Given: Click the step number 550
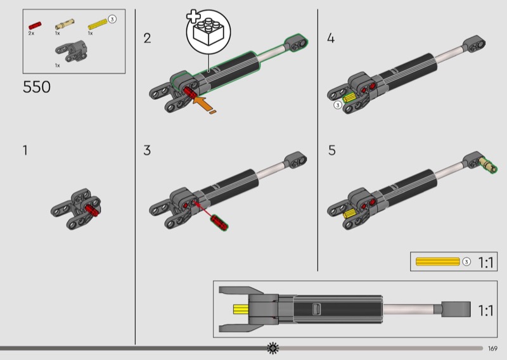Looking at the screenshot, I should tap(37, 87).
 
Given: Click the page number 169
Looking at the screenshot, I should tap(493, 348).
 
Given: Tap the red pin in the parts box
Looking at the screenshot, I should tap(34, 25).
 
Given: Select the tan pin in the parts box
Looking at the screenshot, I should tap(64, 25).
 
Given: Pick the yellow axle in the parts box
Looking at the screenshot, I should tap(97, 25).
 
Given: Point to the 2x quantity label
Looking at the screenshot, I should tap(31, 33).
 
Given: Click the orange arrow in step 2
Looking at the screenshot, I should tap(203, 102).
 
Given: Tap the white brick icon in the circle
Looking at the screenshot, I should tap(208, 32).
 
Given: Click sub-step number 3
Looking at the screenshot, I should tap(147, 151).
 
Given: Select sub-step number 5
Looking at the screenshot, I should tap(331, 151).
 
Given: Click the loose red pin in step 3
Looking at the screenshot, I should tap(220, 222).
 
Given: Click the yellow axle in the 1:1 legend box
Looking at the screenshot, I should tap(437, 261).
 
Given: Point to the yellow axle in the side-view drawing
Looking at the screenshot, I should tap(241, 310).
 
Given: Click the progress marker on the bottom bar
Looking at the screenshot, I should tap(273, 347).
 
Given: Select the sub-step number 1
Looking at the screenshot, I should tap(25, 151).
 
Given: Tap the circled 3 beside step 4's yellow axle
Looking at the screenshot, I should tap(338, 105).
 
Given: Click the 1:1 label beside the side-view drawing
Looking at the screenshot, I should tap(486, 311).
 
